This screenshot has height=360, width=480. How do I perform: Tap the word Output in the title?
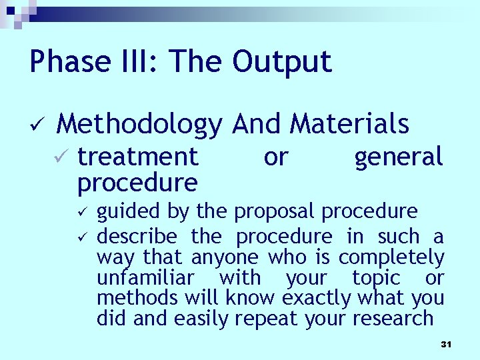282,62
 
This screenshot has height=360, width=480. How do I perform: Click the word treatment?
138,157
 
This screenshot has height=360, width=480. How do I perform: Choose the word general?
399,158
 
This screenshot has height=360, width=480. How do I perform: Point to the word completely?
391,257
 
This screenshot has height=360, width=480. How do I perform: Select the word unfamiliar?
145,277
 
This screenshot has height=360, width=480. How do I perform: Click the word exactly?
318,298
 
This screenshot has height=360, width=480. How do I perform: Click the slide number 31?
446,344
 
